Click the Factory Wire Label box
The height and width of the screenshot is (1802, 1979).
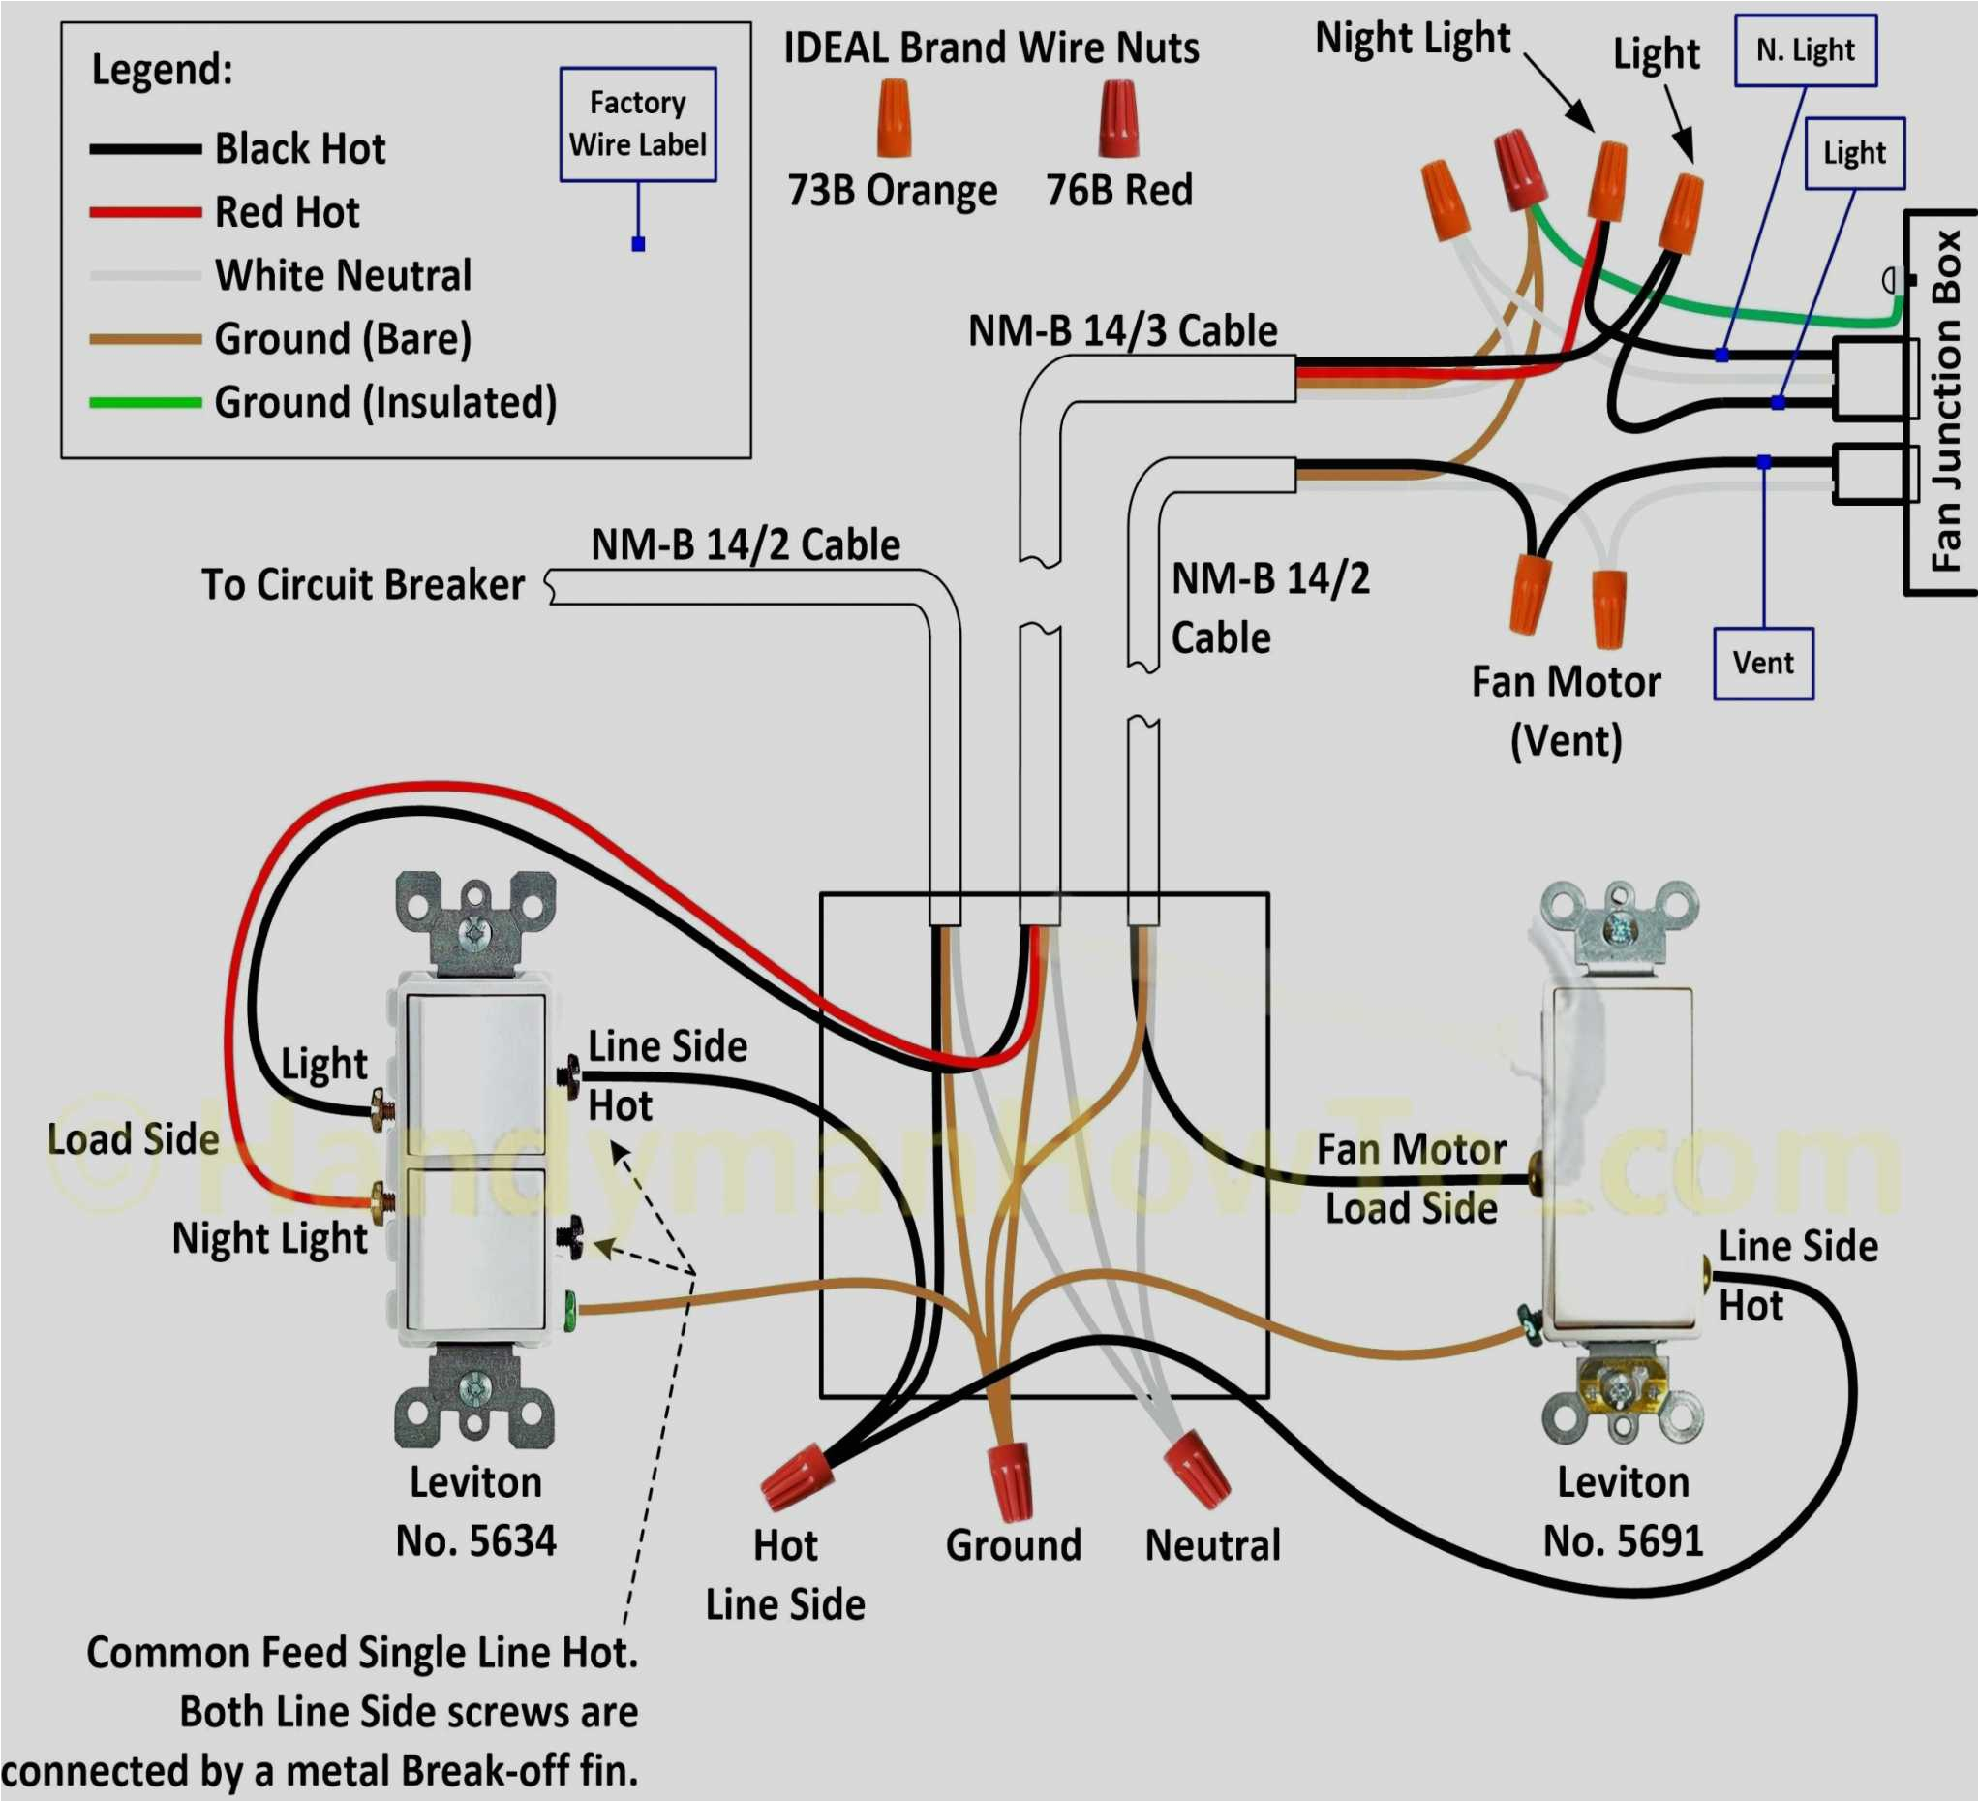[x=637, y=124]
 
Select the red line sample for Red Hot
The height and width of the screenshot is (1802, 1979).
[x=144, y=212]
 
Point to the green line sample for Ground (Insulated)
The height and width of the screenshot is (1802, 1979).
[x=144, y=403]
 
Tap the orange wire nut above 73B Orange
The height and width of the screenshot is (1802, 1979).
[x=894, y=119]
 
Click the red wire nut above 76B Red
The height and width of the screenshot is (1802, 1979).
[x=1117, y=119]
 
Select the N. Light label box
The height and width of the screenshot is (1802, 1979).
[x=1805, y=50]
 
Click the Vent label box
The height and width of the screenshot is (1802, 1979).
[x=1762, y=663]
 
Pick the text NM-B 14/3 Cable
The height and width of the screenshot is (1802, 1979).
[x=1122, y=332]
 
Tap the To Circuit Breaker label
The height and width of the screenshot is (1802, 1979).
[x=362, y=584]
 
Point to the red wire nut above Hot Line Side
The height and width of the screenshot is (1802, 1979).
[x=795, y=1475]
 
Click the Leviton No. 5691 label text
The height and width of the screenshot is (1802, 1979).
[x=1622, y=1511]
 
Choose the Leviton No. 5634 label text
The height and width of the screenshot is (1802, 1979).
[x=475, y=1511]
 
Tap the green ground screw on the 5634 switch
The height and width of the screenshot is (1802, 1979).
[x=568, y=1310]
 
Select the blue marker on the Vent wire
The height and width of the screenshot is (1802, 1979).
[x=1763, y=461]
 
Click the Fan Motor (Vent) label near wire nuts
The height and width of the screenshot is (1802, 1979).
[x=1565, y=711]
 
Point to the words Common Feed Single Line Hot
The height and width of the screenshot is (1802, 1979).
[x=362, y=1653]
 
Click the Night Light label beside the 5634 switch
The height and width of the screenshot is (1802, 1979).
[x=269, y=1238]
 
